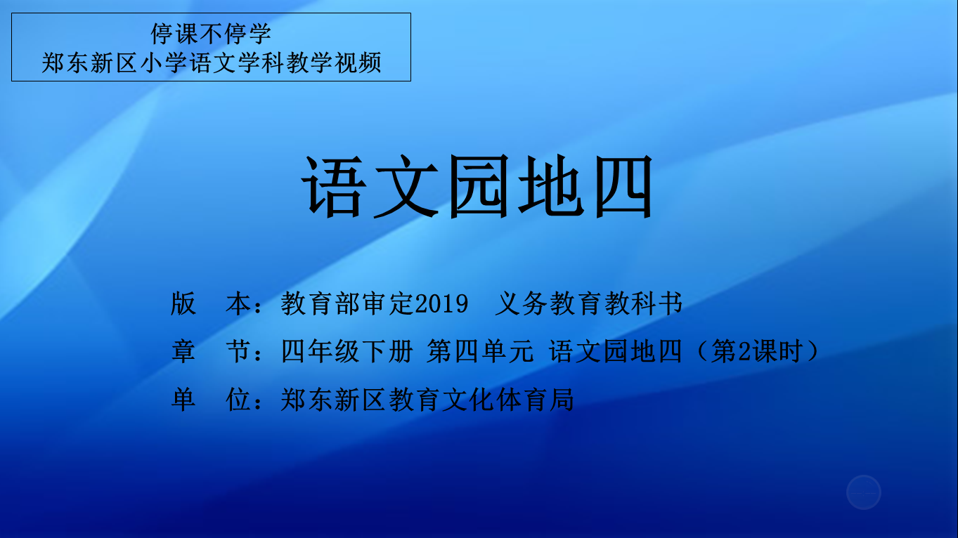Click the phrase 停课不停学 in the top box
(x=211, y=34)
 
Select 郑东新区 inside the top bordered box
(x=89, y=63)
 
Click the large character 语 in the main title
(x=335, y=186)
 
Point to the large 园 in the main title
(x=479, y=186)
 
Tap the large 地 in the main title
(x=551, y=186)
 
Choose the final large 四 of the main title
(x=623, y=186)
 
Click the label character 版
(x=183, y=304)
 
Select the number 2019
(x=441, y=304)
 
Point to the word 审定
(x=389, y=304)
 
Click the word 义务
(x=521, y=304)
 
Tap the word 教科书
(x=643, y=304)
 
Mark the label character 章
(x=183, y=351)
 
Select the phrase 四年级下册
(x=347, y=351)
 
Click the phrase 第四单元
(x=480, y=351)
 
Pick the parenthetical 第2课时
(x=756, y=351)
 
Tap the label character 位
(x=238, y=400)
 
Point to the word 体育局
(x=535, y=400)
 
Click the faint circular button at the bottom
(x=864, y=492)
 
